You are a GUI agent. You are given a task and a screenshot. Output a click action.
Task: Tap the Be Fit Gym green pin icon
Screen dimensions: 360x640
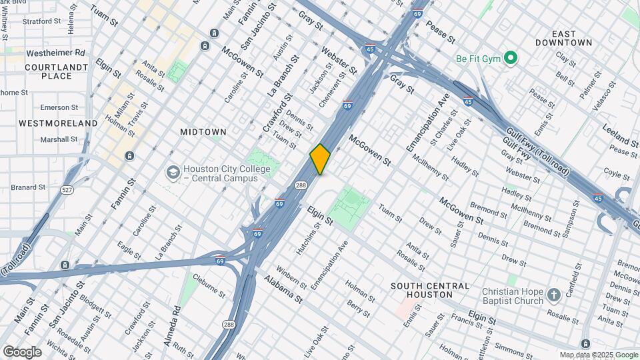511,58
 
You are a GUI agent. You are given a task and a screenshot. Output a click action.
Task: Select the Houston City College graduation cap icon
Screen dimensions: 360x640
173,173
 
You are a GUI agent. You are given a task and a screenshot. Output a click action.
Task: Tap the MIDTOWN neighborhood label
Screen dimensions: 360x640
203,132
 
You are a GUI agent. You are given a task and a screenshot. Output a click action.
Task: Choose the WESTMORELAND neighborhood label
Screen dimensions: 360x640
58,123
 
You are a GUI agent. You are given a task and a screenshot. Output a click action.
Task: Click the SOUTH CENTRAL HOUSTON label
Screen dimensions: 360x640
430,290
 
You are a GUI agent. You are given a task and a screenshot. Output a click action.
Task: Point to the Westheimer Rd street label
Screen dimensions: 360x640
56,52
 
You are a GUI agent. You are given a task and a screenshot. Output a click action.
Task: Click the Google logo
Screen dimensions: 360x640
22,352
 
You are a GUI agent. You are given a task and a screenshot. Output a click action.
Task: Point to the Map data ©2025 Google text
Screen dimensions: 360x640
598,355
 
